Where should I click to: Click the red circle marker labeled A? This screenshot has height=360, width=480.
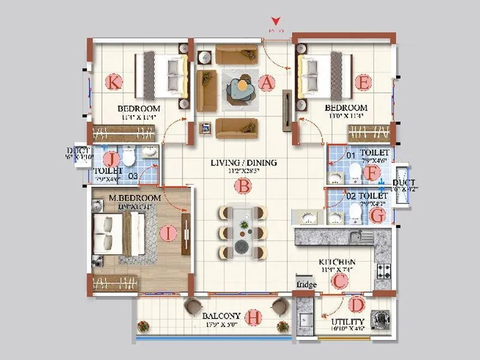[x=266, y=83]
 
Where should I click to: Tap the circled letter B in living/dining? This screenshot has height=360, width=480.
[x=242, y=186]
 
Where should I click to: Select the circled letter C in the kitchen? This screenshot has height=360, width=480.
[x=340, y=280]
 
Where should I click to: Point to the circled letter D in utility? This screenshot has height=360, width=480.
[x=356, y=305]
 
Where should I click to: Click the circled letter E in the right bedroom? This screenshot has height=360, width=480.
[x=362, y=82]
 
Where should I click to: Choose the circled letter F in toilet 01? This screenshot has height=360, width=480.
[x=373, y=173]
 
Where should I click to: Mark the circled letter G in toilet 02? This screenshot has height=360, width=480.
[x=377, y=214]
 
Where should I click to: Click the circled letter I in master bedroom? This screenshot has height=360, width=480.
[x=169, y=233]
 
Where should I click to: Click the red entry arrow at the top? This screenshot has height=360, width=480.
[x=275, y=21]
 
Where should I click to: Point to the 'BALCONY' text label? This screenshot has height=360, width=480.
[x=221, y=316]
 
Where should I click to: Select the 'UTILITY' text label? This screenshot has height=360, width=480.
[x=347, y=322]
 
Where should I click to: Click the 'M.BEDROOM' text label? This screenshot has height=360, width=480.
[x=134, y=198]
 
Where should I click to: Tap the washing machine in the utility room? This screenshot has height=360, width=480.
[x=379, y=320]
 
